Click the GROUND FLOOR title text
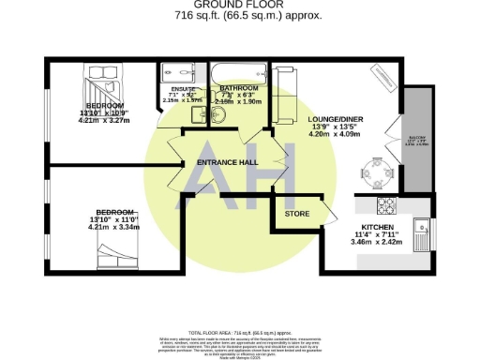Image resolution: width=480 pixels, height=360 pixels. click(x=239, y=6)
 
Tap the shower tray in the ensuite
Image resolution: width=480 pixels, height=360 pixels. click(x=176, y=74)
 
